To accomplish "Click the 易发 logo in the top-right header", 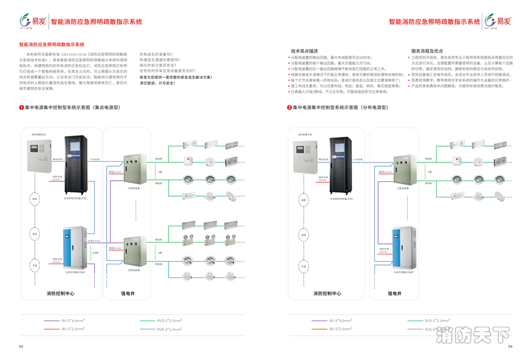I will (498, 21).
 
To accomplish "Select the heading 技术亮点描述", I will (304, 51).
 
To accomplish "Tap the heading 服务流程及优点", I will (427, 51).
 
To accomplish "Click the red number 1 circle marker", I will (21, 107).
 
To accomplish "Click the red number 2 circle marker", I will (289, 107).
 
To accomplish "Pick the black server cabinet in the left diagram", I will (76, 164).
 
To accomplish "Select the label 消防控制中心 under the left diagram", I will (60, 292).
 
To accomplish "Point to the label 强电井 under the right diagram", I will (394, 292).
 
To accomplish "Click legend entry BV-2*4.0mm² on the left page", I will (72, 321).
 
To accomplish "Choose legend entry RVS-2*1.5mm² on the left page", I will (169, 329).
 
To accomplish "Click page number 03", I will (21, 346).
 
